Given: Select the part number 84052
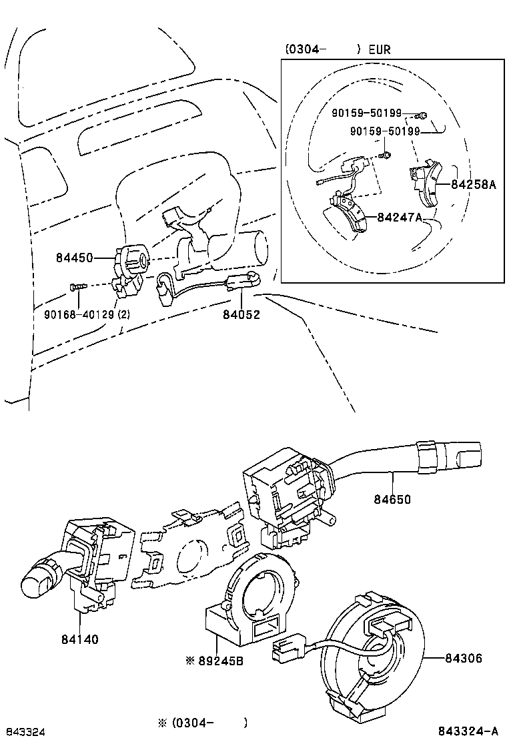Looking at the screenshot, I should [241, 314].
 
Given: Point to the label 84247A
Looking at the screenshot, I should [400, 217].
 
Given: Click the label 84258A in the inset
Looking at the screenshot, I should [473, 185].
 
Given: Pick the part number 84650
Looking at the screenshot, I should [392, 498].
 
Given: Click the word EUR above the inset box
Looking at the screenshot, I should [378, 49].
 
